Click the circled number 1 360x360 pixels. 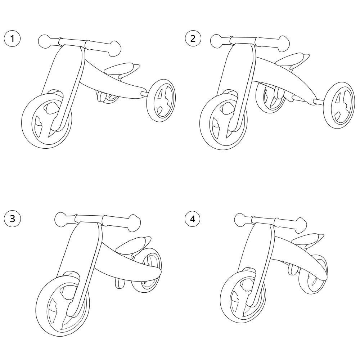pyautogui.click(x=12, y=39)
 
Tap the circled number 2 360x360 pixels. pyautogui.click(x=193, y=39)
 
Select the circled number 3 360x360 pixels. pyautogui.click(x=12, y=219)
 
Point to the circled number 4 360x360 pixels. pyautogui.click(x=193, y=219)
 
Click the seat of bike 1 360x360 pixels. pyautogui.click(x=122, y=70)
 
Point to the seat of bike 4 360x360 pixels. pyautogui.click(x=307, y=239)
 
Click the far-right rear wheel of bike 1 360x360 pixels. pyautogui.click(x=161, y=100)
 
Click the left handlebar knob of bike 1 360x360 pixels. pyautogui.click(x=45, y=41)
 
